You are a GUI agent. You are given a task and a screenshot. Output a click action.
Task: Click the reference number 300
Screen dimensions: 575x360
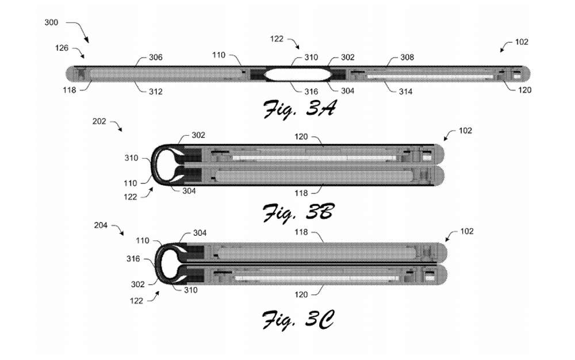click(x=51, y=22)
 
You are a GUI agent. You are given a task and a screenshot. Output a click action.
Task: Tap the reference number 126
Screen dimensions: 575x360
click(x=62, y=48)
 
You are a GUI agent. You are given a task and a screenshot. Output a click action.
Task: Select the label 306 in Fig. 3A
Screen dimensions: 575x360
click(x=155, y=57)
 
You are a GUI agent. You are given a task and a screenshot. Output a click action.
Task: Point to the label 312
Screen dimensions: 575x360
click(x=155, y=91)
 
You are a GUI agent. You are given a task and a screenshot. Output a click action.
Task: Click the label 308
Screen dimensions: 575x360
click(x=407, y=57)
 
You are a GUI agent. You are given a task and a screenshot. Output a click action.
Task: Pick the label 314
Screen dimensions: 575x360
click(x=405, y=91)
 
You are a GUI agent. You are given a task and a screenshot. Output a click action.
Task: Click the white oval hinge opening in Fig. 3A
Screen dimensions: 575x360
click(x=298, y=74)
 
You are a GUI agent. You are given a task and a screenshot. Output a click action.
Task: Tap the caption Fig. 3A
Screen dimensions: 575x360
click(x=299, y=109)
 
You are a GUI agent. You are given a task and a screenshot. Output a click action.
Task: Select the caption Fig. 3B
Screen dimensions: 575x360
click(x=298, y=213)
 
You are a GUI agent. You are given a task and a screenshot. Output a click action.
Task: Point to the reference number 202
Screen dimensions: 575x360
click(x=99, y=121)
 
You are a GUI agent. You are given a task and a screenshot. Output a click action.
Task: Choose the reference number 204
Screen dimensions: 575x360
click(x=101, y=225)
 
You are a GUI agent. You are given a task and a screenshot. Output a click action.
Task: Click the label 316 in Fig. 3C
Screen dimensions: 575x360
click(x=133, y=259)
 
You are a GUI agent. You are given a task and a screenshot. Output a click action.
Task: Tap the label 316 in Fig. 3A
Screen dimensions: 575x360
click(x=311, y=91)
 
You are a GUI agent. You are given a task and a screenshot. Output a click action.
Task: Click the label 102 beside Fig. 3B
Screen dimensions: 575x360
click(x=465, y=131)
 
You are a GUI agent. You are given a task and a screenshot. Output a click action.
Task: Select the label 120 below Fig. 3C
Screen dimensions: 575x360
click(x=301, y=294)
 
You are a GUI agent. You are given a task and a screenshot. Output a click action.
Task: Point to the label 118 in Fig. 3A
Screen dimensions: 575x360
click(x=70, y=90)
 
